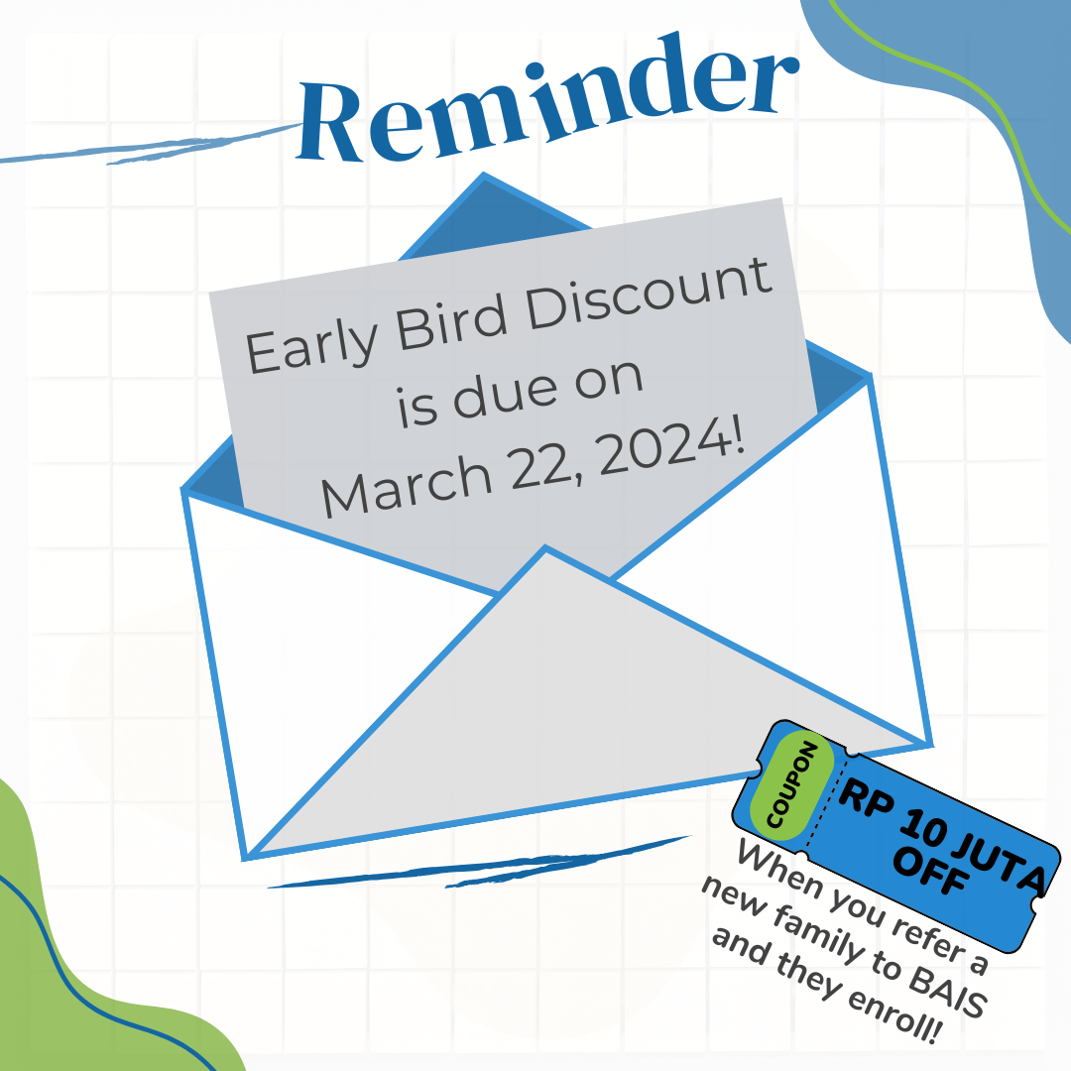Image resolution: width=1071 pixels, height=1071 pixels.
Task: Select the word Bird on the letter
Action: click(451, 321)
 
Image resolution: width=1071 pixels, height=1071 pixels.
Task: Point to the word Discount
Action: click(649, 293)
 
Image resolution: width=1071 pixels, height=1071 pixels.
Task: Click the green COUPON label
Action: click(791, 784)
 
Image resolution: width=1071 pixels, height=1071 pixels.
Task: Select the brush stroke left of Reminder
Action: click(152, 145)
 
